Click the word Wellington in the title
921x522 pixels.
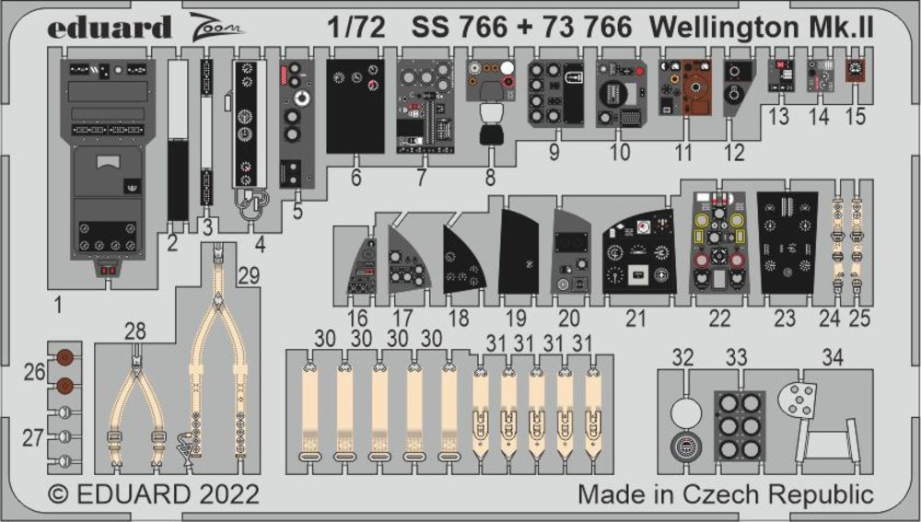pos(717,27)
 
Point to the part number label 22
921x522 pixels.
pos(719,319)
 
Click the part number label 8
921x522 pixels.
pos(490,178)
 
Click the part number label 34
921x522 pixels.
pos(833,355)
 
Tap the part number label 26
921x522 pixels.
pos(33,372)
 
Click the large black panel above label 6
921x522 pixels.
pos(356,106)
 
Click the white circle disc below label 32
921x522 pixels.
pos(682,412)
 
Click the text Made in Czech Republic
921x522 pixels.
pos(725,493)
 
